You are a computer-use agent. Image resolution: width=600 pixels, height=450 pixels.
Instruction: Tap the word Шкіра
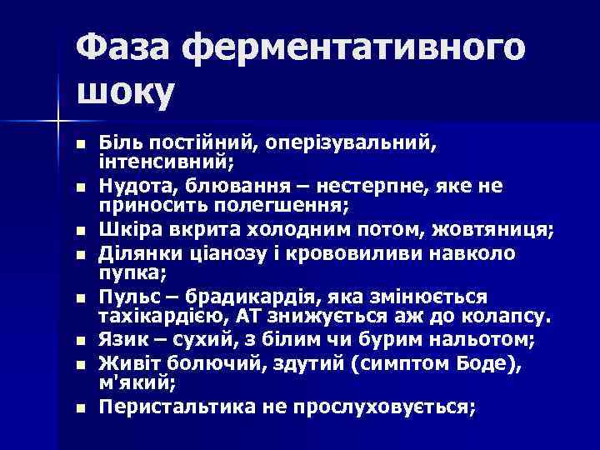[125, 229]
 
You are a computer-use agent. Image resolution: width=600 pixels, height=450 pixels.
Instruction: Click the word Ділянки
[135, 252]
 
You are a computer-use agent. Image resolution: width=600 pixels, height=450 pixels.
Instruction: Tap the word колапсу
[508, 317]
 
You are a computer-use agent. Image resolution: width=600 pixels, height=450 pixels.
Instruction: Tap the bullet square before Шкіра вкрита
[80, 230]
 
